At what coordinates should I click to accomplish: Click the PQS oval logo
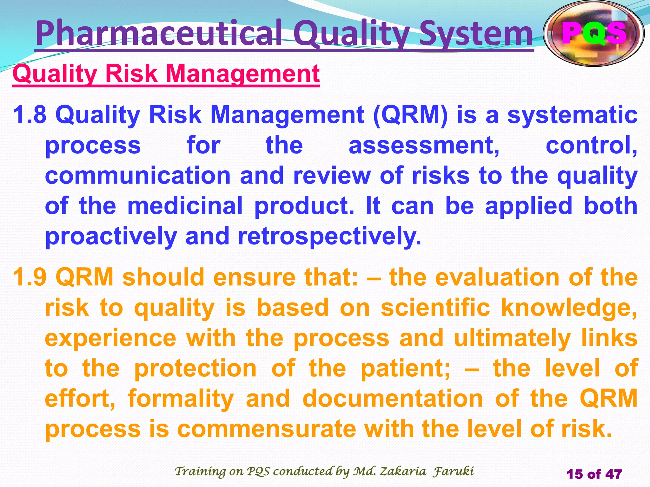[594, 33]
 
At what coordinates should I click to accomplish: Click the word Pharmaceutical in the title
[159, 33]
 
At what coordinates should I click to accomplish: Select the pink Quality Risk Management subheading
[166, 74]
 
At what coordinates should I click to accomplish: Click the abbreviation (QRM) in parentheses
[411, 115]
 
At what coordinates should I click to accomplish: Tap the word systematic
[572, 115]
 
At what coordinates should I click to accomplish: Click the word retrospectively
[329, 236]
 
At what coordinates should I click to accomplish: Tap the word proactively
[111, 236]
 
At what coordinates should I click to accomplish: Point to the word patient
[405, 368]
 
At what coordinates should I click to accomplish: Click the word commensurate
[267, 429]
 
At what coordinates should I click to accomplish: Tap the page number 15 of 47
[594, 474]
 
